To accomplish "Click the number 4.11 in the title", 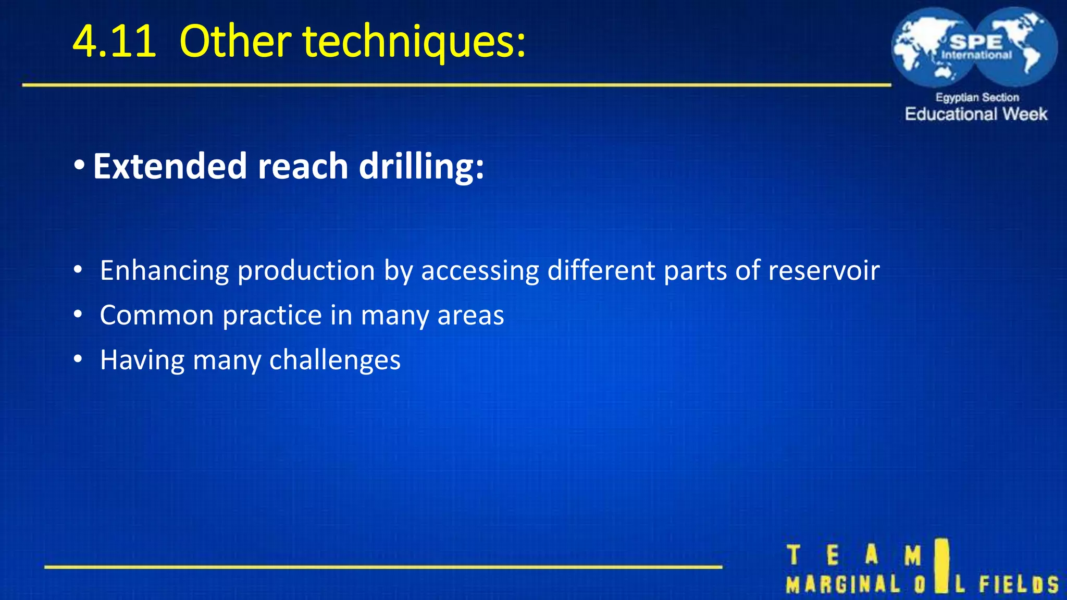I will point(114,41).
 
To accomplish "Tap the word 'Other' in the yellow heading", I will point(235,41).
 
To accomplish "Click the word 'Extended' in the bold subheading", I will point(170,166).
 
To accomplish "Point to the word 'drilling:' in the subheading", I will point(421,166).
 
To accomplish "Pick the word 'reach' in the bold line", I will point(303,166).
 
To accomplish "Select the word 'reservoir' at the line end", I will point(824,271).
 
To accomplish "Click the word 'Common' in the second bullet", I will point(156,315).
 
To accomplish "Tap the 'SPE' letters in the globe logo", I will point(976,42).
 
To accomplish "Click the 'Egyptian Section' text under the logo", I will point(977,97).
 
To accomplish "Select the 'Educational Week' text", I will point(976,114).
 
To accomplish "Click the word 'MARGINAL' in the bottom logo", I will point(843,584).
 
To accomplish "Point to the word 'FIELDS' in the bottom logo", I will point(1019,584).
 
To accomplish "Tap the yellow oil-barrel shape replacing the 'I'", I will point(941,565).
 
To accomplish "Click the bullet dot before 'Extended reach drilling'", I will point(79,166).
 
